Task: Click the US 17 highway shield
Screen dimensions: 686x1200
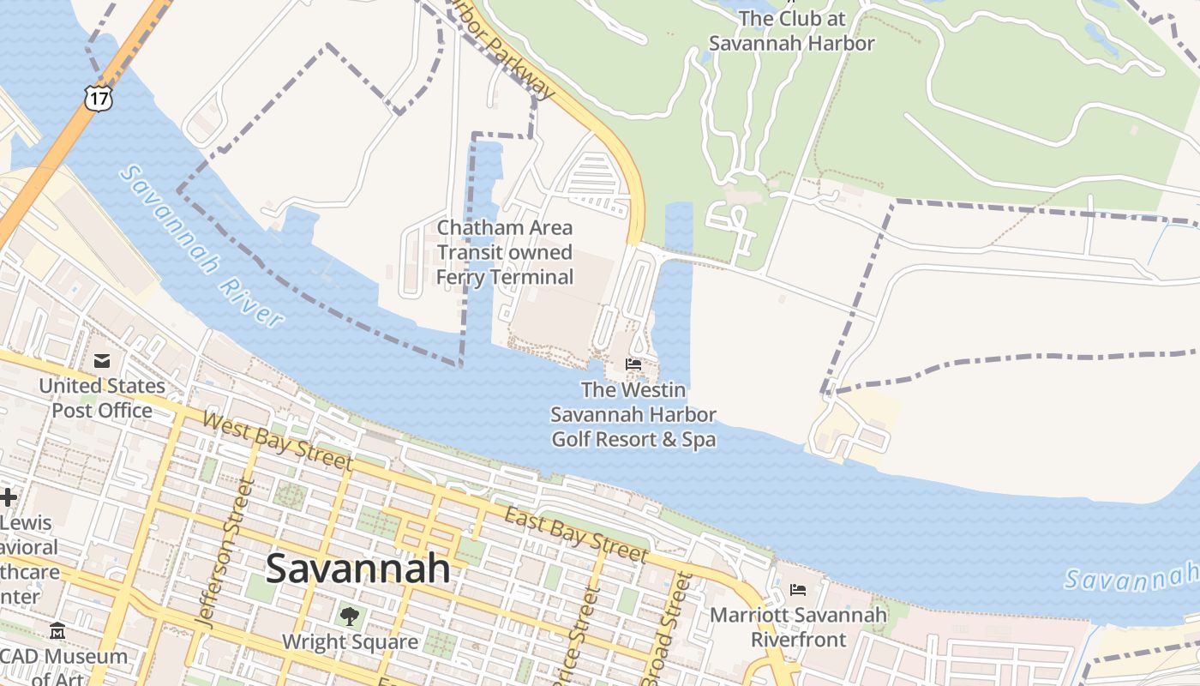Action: pos(99,98)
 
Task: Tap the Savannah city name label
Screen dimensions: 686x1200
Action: pos(357,568)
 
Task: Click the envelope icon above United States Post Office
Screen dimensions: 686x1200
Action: pos(102,361)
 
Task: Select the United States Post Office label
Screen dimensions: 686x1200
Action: pos(102,398)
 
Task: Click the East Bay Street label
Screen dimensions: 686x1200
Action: pos(575,535)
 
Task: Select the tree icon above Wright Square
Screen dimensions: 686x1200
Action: pos(349,616)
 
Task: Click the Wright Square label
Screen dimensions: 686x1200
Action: pos(350,641)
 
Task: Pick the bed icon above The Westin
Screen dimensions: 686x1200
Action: pos(633,364)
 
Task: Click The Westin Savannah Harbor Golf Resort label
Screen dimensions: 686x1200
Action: pos(633,415)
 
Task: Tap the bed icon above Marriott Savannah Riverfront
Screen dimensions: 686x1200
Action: pos(798,590)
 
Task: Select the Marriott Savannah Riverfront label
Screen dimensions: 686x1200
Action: pos(798,627)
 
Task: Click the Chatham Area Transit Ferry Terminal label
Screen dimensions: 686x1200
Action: pos(505,252)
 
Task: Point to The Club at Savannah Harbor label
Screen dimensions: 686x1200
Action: pos(792,30)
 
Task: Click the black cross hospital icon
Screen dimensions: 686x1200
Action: pos(8,496)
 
